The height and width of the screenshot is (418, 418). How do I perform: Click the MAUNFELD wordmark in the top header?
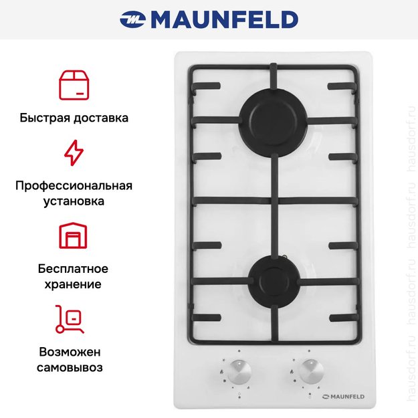pyautogui.click(x=224, y=19)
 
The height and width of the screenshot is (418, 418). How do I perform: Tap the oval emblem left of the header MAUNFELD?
pyautogui.click(x=132, y=20)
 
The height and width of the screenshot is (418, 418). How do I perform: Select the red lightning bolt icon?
pyautogui.click(x=74, y=152)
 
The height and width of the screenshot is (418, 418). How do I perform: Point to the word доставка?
pyautogui.click(x=100, y=118)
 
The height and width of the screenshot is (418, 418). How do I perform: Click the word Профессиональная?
pyautogui.click(x=74, y=185)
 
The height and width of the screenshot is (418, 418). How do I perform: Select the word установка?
pyautogui.click(x=74, y=201)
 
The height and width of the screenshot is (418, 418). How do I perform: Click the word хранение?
pyautogui.click(x=74, y=284)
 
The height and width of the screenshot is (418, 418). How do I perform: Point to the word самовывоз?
pyautogui.click(x=74, y=367)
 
